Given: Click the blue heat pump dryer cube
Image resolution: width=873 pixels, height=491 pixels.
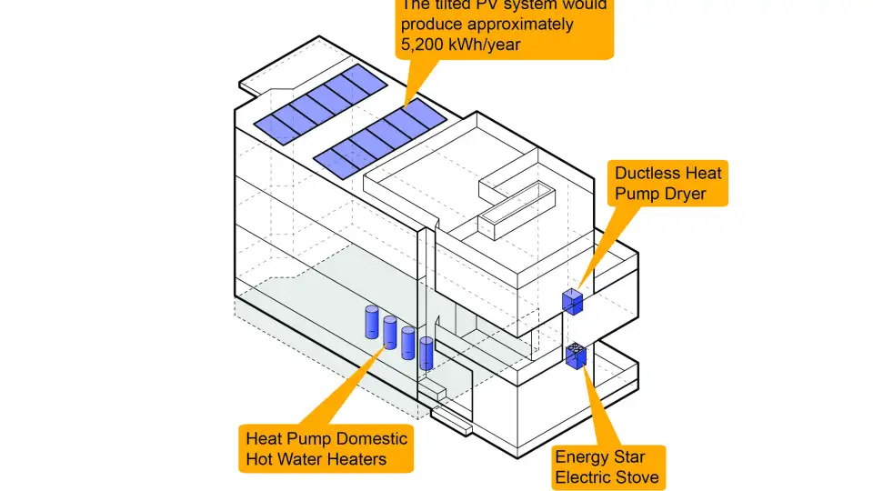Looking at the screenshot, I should pyautogui.click(x=572, y=301).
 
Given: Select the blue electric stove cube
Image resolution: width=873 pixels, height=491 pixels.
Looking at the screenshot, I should pyautogui.click(x=576, y=356).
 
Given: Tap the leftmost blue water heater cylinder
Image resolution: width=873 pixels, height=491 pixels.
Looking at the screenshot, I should pyautogui.click(x=372, y=322).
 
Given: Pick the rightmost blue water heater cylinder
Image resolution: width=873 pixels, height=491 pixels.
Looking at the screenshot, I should pyautogui.click(x=426, y=352).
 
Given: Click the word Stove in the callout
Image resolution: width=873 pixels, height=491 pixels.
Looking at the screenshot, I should pyautogui.click(x=634, y=477).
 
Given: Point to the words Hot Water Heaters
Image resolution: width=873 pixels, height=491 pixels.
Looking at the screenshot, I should pyautogui.click(x=316, y=459).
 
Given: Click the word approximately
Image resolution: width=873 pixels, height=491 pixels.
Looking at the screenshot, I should pyautogui.click(x=518, y=24).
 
